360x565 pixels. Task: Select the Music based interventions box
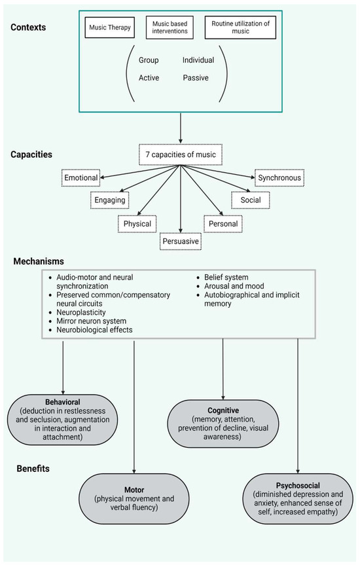(170, 28)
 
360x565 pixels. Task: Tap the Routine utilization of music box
(240, 28)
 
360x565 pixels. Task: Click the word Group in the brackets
(149, 60)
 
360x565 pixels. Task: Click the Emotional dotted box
(81, 177)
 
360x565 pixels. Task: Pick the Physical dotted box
(137, 224)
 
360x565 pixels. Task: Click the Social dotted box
(250, 200)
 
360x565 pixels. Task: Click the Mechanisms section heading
(39, 261)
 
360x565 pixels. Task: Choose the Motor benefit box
(134, 497)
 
